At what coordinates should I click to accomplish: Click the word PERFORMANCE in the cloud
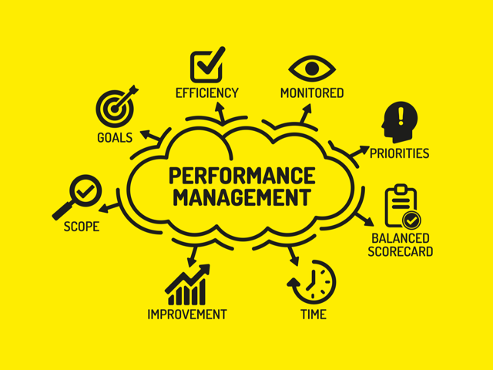tap(241, 175)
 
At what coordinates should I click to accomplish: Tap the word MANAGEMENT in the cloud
tap(241, 197)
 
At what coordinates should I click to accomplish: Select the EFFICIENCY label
tap(207, 93)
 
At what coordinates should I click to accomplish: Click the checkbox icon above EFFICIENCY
tap(206, 65)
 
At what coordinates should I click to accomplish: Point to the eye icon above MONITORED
tap(311, 67)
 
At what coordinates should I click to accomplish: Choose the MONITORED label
tap(311, 93)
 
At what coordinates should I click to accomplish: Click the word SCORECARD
tap(400, 251)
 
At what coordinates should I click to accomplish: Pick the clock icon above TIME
tap(313, 281)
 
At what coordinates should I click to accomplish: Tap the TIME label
tap(313, 314)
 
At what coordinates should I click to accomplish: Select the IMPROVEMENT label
tap(187, 314)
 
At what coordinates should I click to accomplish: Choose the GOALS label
tap(115, 139)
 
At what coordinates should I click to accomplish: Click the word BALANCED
tap(400, 238)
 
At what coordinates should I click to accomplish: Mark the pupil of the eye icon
tap(311, 68)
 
